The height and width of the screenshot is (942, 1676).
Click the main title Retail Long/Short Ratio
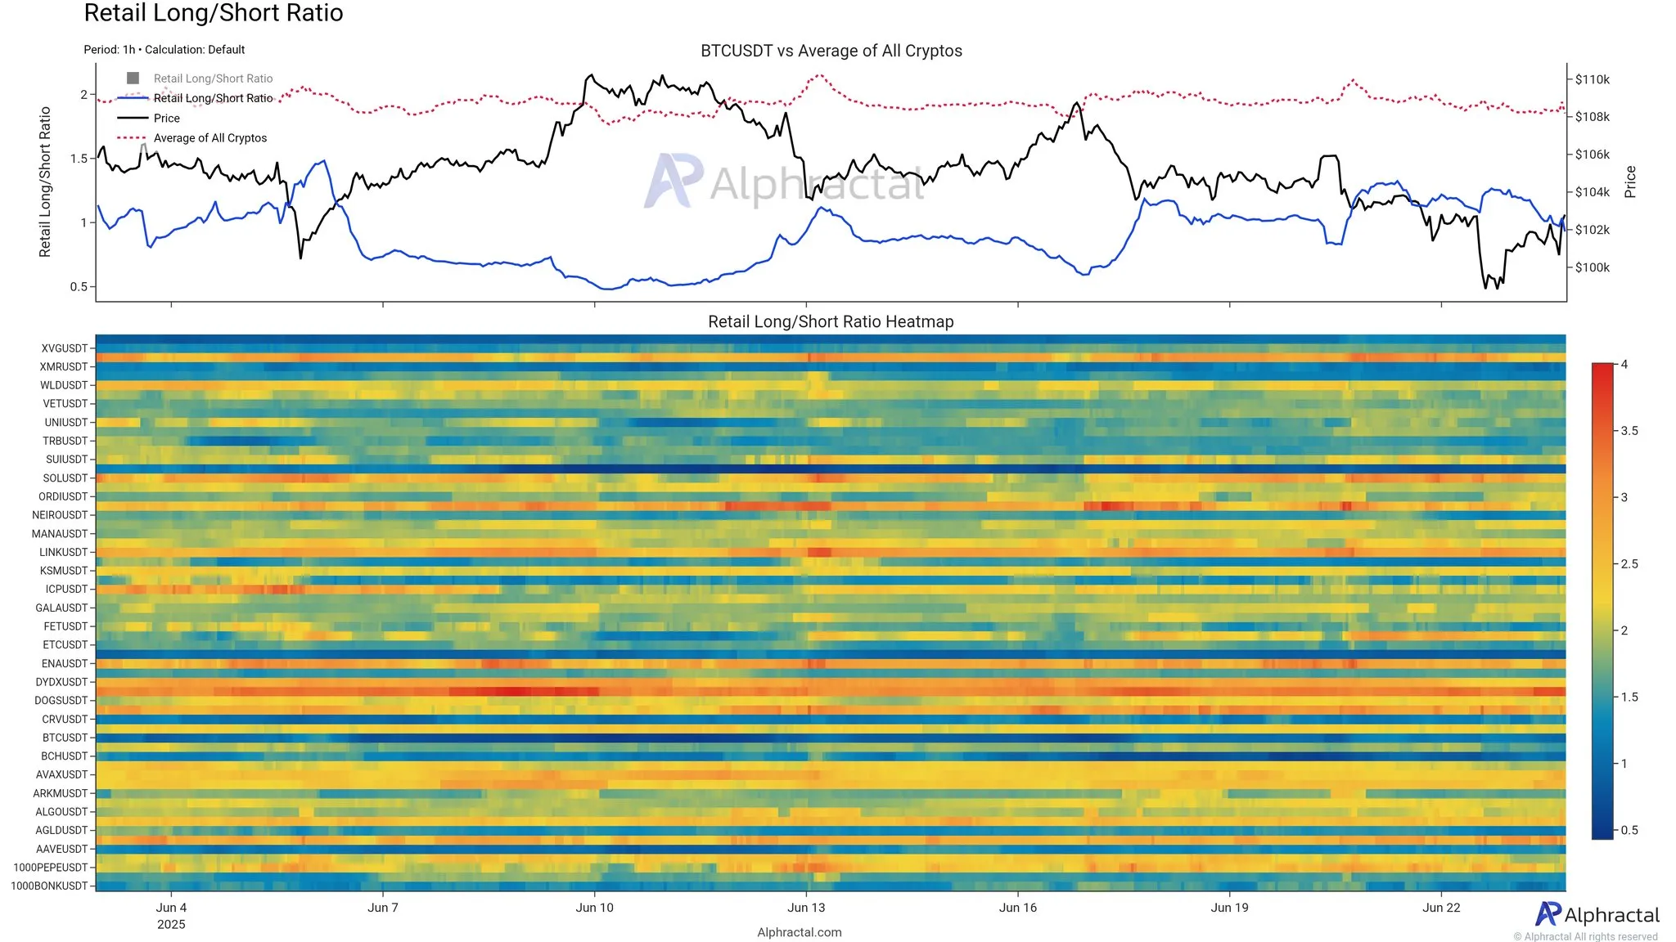(x=214, y=13)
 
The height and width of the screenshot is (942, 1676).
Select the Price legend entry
(x=167, y=118)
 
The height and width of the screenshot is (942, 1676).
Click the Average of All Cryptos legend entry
(x=210, y=138)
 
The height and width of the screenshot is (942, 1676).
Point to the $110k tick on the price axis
(x=1592, y=79)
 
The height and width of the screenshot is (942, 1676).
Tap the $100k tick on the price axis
(x=1592, y=267)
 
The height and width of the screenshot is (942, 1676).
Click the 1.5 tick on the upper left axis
(x=79, y=159)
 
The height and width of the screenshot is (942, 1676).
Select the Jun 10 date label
(x=594, y=907)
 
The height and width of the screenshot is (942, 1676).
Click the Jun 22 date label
(x=1441, y=907)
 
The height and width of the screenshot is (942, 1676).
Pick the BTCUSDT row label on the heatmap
(x=65, y=738)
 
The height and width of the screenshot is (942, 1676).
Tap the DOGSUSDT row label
(x=61, y=701)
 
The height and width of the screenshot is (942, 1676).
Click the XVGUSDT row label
(x=64, y=348)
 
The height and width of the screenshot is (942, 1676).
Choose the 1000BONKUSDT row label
(x=49, y=886)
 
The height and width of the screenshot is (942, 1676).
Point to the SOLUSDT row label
(x=65, y=478)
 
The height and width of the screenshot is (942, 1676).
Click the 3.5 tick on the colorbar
(x=1629, y=431)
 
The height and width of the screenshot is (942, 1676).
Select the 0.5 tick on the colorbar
(x=1629, y=830)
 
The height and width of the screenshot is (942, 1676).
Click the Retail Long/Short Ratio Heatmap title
(x=831, y=321)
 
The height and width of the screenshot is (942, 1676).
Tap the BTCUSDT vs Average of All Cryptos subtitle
(x=831, y=51)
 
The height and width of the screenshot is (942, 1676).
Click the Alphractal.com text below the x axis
(x=799, y=932)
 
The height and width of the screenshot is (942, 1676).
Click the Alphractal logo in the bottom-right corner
(x=1597, y=914)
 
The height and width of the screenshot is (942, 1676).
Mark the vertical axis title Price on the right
(x=1630, y=182)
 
